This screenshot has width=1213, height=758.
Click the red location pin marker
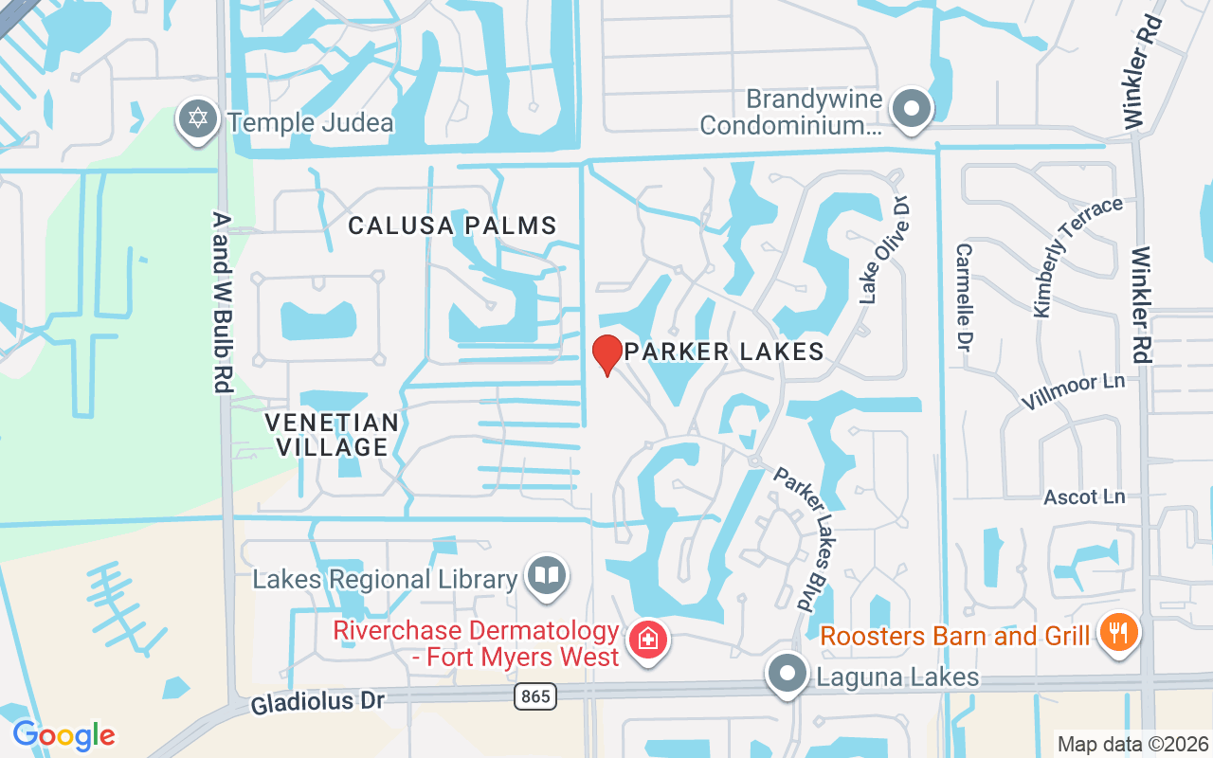[x=606, y=354]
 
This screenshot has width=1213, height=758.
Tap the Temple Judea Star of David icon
[x=197, y=120]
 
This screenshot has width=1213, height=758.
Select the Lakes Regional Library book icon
[x=547, y=575]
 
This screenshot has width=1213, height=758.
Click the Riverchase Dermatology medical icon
[x=648, y=640]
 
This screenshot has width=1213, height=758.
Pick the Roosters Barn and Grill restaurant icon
[x=1118, y=632]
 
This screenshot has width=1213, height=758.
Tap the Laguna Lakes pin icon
[x=786, y=675]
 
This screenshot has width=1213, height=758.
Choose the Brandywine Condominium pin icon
[x=912, y=108]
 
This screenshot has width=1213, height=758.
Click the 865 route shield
[x=535, y=697]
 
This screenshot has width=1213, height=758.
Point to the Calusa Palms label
[x=452, y=226]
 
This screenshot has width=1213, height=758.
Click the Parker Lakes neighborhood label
[x=724, y=352]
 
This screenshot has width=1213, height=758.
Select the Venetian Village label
[x=332, y=434]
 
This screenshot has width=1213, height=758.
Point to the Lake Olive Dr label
[x=884, y=250]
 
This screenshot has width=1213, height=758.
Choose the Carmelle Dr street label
[x=966, y=294]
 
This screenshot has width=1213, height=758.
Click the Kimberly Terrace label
[x=1077, y=257]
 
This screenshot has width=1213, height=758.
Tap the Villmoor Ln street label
[x=1073, y=392]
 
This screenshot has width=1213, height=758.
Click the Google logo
[x=63, y=735]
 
